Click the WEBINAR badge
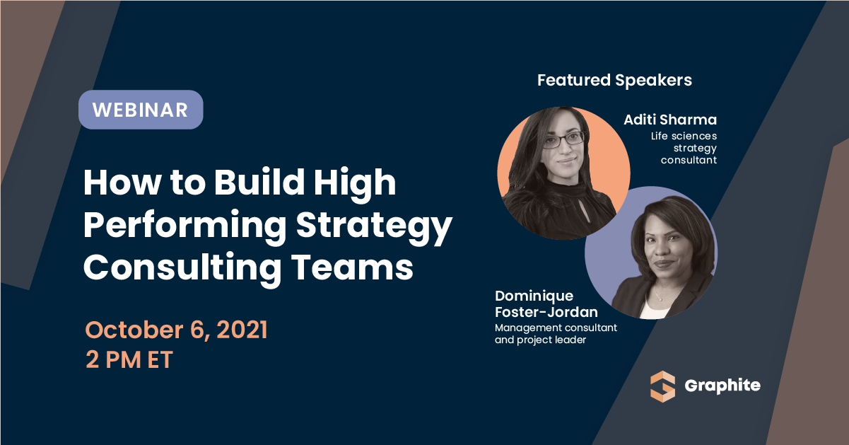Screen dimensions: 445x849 tap(140, 110)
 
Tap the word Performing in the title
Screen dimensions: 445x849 tap(185, 226)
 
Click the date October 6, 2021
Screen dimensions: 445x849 tap(176, 330)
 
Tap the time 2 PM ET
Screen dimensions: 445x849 tap(129, 359)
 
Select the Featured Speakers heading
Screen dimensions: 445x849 tap(614, 80)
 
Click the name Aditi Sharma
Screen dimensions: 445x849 tap(670, 120)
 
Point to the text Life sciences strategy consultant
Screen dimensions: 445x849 tap(684, 148)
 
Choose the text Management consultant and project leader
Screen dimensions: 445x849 tap(556, 333)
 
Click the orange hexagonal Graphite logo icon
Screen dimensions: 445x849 tap(663, 386)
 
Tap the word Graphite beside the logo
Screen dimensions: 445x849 tap(722, 386)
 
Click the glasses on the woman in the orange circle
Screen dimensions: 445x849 tap(556, 139)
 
